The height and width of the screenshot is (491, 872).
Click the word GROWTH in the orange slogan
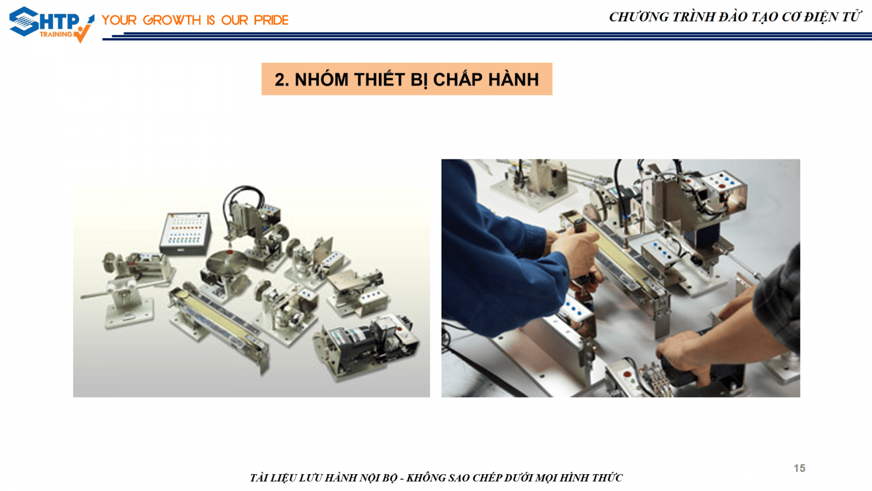[x=171, y=20]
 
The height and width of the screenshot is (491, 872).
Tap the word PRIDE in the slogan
[x=271, y=20]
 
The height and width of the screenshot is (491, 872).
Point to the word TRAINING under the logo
[x=56, y=34]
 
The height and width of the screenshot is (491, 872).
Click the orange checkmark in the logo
[x=83, y=33]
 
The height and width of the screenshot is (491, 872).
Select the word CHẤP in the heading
[x=458, y=80]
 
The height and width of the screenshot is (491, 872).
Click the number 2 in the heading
[x=280, y=80]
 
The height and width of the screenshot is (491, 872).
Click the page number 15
[x=799, y=468]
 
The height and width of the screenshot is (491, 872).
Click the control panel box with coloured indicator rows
[x=185, y=234]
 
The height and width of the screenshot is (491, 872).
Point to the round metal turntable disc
[x=227, y=260]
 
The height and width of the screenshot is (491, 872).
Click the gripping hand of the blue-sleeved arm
[x=574, y=249]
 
